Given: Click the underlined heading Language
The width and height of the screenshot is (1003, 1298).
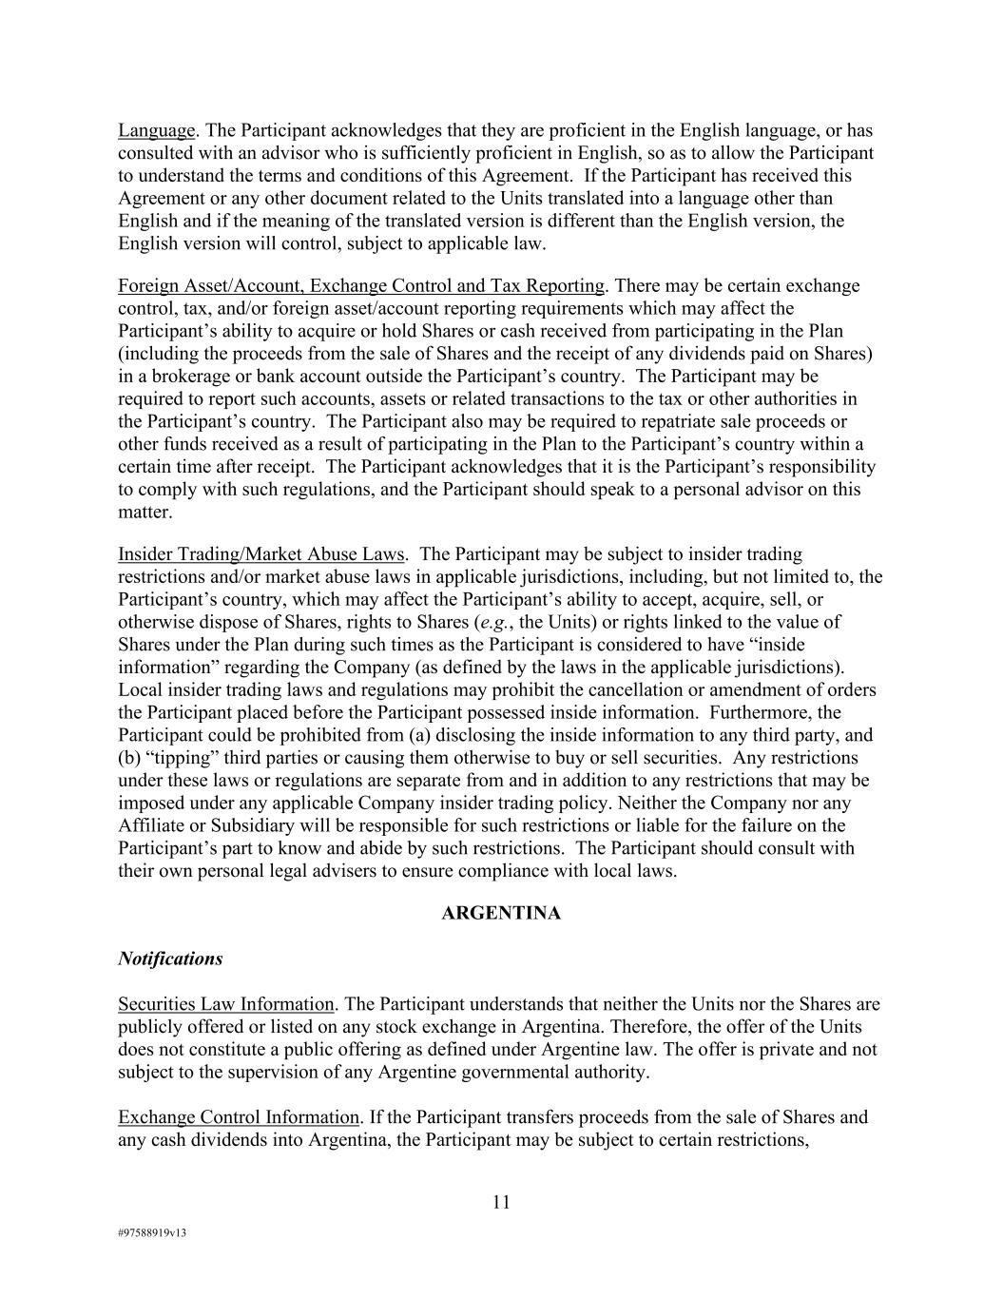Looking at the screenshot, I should click(x=156, y=130).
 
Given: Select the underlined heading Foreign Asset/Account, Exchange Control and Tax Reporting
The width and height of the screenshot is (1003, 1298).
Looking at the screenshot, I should click(x=360, y=285).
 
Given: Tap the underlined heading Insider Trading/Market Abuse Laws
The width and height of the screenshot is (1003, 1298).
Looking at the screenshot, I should click(x=261, y=553).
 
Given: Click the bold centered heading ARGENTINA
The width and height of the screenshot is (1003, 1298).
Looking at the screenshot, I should click(x=501, y=913).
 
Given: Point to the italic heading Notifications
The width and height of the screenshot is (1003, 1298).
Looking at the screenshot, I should click(x=170, y=959).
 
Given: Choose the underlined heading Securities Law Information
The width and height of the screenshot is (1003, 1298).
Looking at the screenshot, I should click(x=226, y=1004).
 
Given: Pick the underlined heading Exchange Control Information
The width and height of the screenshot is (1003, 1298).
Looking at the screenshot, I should click(x=239, y=1117).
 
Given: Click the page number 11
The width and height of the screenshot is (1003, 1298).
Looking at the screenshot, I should click(x=501, y=1202).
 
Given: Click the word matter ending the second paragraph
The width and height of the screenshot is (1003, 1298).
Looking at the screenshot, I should click(x=145, y=512).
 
